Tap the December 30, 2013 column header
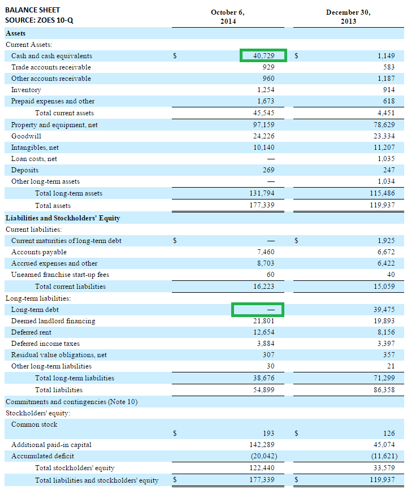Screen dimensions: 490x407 348,17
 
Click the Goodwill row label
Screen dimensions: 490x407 26,136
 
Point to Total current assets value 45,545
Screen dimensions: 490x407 263,113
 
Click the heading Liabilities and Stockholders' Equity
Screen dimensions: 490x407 62,218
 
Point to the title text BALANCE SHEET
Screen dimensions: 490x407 32,10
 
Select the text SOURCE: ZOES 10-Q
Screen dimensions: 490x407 38,21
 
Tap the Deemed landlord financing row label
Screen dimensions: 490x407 53,321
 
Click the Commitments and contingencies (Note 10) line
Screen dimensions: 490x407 71,402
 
